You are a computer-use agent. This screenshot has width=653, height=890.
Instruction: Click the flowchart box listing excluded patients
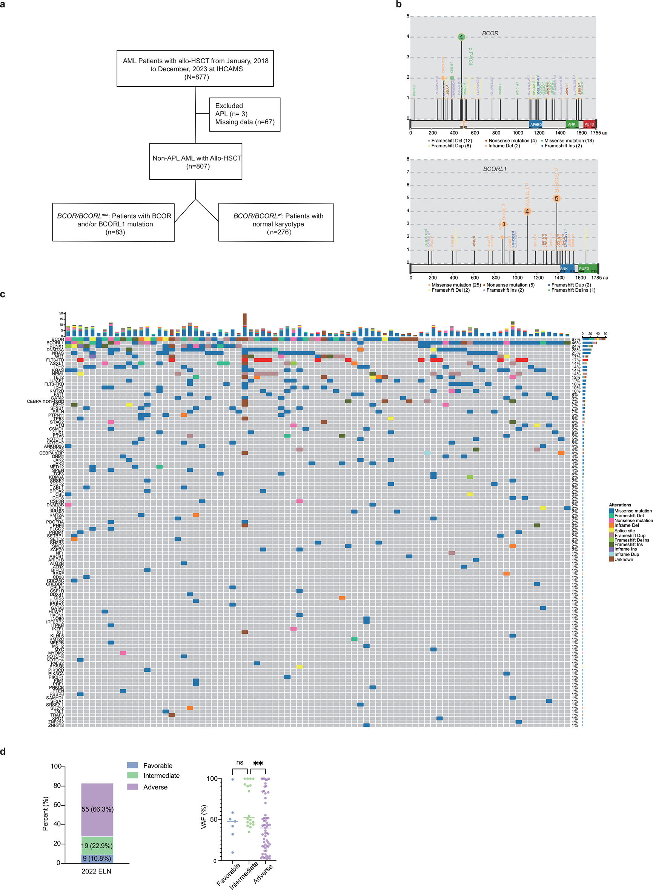[244, 114]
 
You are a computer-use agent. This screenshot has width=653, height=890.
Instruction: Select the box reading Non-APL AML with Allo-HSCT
[196, 162]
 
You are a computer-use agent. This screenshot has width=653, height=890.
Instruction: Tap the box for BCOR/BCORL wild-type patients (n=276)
[276, 223]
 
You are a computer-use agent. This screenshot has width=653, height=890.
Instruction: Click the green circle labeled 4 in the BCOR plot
[461, 37]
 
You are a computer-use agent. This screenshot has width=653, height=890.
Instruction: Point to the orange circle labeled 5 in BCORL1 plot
[556, 199]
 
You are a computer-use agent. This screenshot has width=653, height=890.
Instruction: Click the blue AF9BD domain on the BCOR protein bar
[536, 124]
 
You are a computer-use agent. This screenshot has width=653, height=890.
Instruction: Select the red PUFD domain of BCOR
[589, 124]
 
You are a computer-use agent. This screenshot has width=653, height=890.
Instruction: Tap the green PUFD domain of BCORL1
[587, 269]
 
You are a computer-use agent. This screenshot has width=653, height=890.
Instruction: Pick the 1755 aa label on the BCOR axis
[599, 133]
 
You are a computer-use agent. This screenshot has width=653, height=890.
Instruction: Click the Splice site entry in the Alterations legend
[624, 531]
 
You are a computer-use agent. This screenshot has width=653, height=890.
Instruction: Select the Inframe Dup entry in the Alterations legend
[626, 554]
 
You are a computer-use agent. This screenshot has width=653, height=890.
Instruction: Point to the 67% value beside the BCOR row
[575, 339]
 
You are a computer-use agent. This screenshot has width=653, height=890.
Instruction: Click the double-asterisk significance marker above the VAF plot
[258, 763]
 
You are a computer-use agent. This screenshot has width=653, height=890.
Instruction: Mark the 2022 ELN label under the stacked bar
[97, 871]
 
